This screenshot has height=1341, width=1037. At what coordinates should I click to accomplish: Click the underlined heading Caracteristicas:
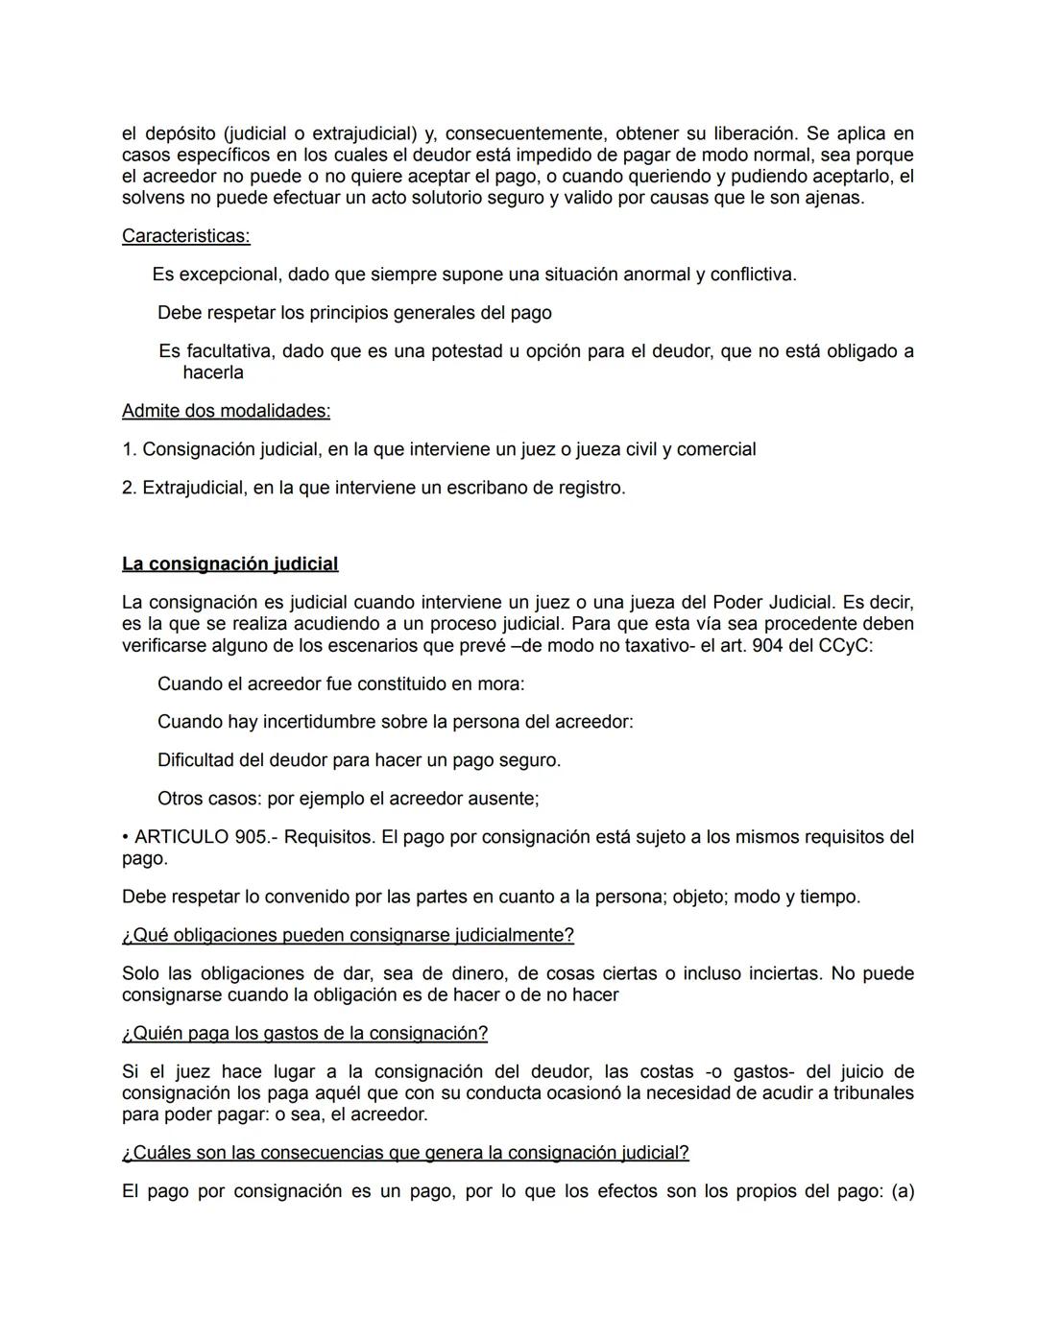(185, 236)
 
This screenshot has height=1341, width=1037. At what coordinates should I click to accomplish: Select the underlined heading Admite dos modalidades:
(226, 411)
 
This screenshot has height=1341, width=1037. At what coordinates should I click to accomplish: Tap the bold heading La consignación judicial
(229, 564)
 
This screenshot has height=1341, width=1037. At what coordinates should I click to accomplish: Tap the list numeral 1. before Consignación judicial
(130, 449)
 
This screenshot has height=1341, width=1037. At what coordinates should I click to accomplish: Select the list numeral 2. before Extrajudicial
(130, 488)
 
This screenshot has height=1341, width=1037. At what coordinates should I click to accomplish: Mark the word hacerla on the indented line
(213, 372)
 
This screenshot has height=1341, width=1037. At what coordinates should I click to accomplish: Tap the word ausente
(501, 799)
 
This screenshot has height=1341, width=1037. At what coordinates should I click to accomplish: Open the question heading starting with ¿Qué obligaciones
(348, 935)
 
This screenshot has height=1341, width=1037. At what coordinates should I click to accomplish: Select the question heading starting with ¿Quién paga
(304, 1034)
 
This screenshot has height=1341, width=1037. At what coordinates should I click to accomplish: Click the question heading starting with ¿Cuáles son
(405, 1153)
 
